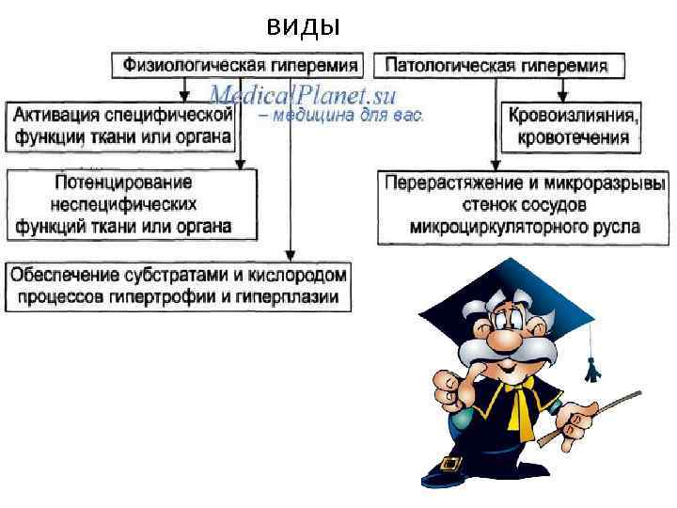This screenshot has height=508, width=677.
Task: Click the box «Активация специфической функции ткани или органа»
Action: tap(122, 126)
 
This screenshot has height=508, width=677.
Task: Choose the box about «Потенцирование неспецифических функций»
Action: tap(131, 203)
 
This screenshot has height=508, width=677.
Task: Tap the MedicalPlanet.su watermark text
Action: tap(303, 94)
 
